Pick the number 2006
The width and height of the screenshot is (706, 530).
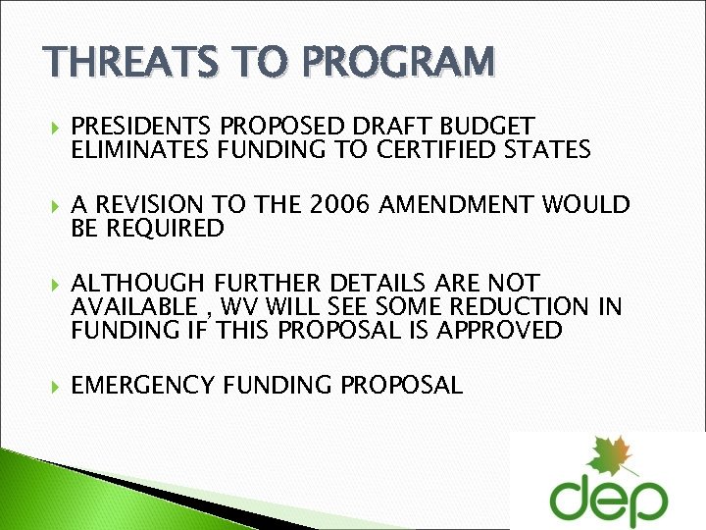[339, 205]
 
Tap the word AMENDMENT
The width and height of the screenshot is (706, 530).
[461, 205]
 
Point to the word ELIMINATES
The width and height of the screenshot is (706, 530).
[135, 149]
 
